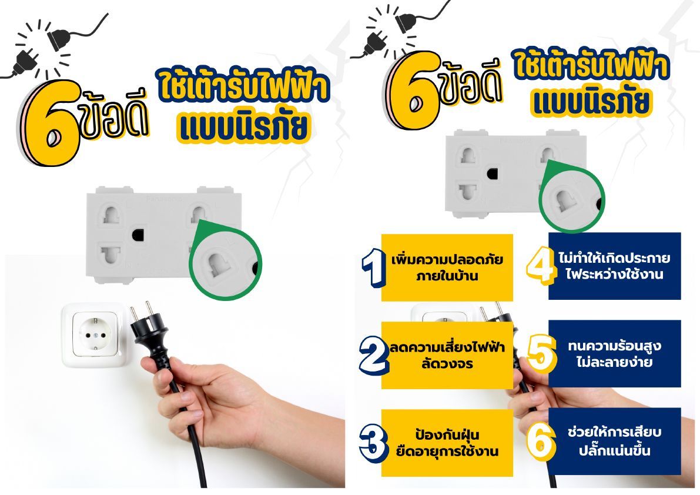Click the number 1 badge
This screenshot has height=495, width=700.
tap(373, 268)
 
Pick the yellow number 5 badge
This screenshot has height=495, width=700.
tap(542, 353)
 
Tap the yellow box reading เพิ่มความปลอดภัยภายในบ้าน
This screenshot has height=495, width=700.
tap(447, 267)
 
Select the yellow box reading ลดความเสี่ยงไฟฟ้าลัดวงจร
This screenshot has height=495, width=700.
tap(447, 355)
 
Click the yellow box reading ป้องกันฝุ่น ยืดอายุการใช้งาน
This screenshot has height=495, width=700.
tap(447, 443)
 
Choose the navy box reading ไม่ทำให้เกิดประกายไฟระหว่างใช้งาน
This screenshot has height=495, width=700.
tap(614, 266)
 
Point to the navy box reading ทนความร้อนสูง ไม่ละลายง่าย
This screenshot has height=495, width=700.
tap(614, 353)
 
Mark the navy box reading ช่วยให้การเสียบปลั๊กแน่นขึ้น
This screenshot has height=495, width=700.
tap(614, 441)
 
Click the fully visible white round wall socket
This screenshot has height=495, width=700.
tap(95, 335)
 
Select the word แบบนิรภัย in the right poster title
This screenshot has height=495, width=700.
tap(591, 102)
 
